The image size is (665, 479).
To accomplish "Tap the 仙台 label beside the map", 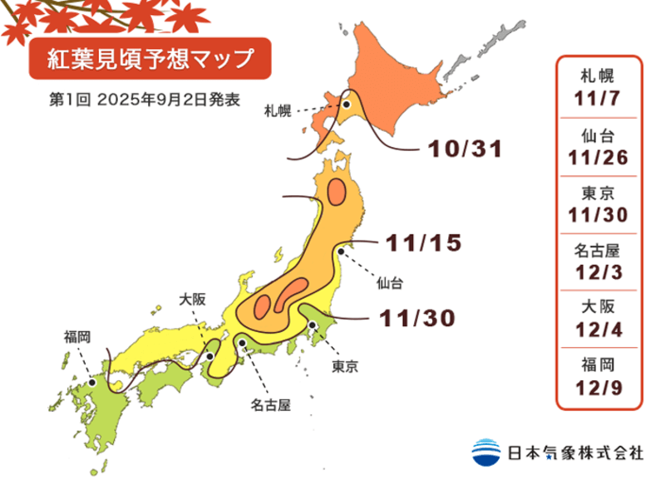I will pos(389,284).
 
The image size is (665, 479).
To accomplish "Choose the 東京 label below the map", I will pos(344,365).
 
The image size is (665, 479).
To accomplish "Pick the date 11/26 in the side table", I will pos(598,157).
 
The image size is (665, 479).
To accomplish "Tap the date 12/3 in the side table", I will pos(598,271).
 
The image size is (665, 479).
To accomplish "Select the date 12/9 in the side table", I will pos(598,386).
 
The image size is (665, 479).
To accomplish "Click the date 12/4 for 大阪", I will pos(598,329).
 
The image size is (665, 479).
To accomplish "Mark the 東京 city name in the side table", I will pos(598,193).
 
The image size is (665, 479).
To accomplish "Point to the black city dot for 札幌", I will pos(345,105).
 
